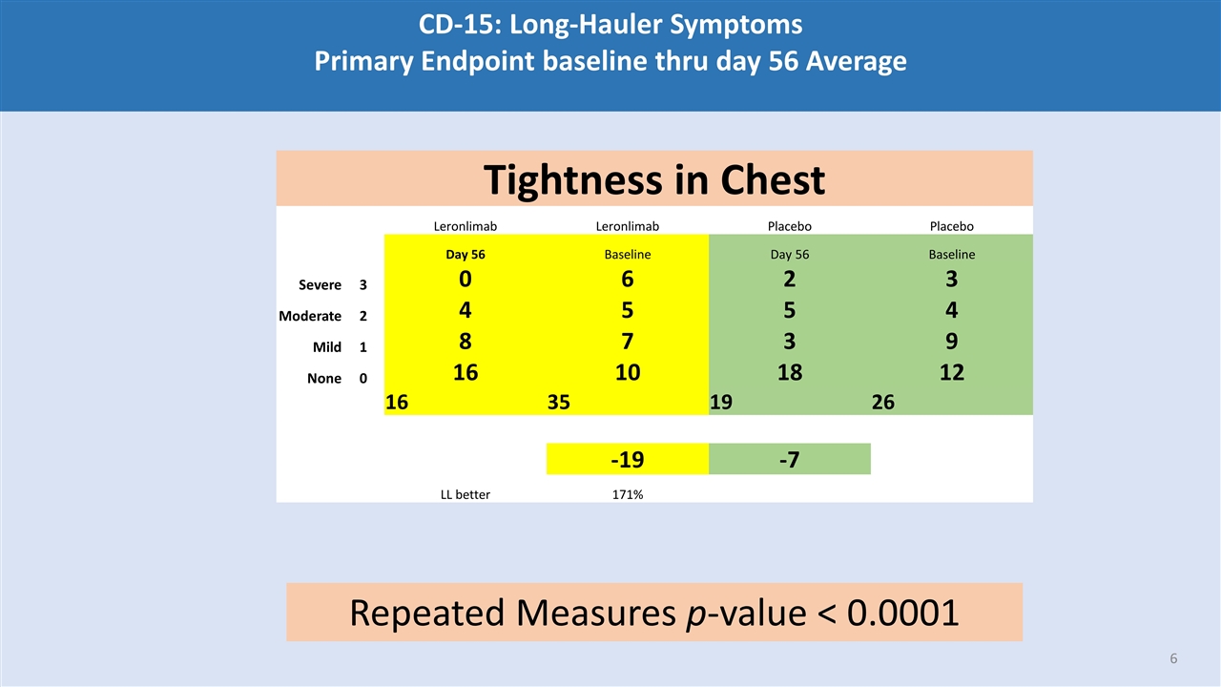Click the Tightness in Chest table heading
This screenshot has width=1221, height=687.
[x=653, y=179]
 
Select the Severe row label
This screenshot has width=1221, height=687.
[x=320, y=285]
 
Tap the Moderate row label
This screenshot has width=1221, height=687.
[x=310, y=316]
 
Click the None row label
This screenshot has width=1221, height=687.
[x=324, y=378]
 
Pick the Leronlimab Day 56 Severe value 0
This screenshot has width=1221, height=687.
[x=465, y=280]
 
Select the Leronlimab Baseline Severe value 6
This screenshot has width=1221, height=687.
[x=627, y=280]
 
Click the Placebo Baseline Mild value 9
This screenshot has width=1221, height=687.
[x=951, y=342]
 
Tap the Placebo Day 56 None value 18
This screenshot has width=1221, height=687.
[x=789, y=372]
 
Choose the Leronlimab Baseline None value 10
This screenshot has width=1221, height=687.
[x=627, y=372]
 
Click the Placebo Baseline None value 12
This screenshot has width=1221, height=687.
[x=951, y=372]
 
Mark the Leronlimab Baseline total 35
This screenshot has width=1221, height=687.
[x=559, y=403]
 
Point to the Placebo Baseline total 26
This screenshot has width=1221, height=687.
[x=882, y=403]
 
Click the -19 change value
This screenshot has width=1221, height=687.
[x=627, y=460]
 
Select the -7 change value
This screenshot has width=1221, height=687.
[x=789, y=460]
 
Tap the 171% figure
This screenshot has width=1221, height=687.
[x=627, y=494]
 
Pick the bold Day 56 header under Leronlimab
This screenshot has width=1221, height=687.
[x=465, y=255]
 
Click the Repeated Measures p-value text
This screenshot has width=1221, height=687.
[x=653, y=613]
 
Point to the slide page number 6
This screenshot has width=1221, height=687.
[x=1173, y=659]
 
